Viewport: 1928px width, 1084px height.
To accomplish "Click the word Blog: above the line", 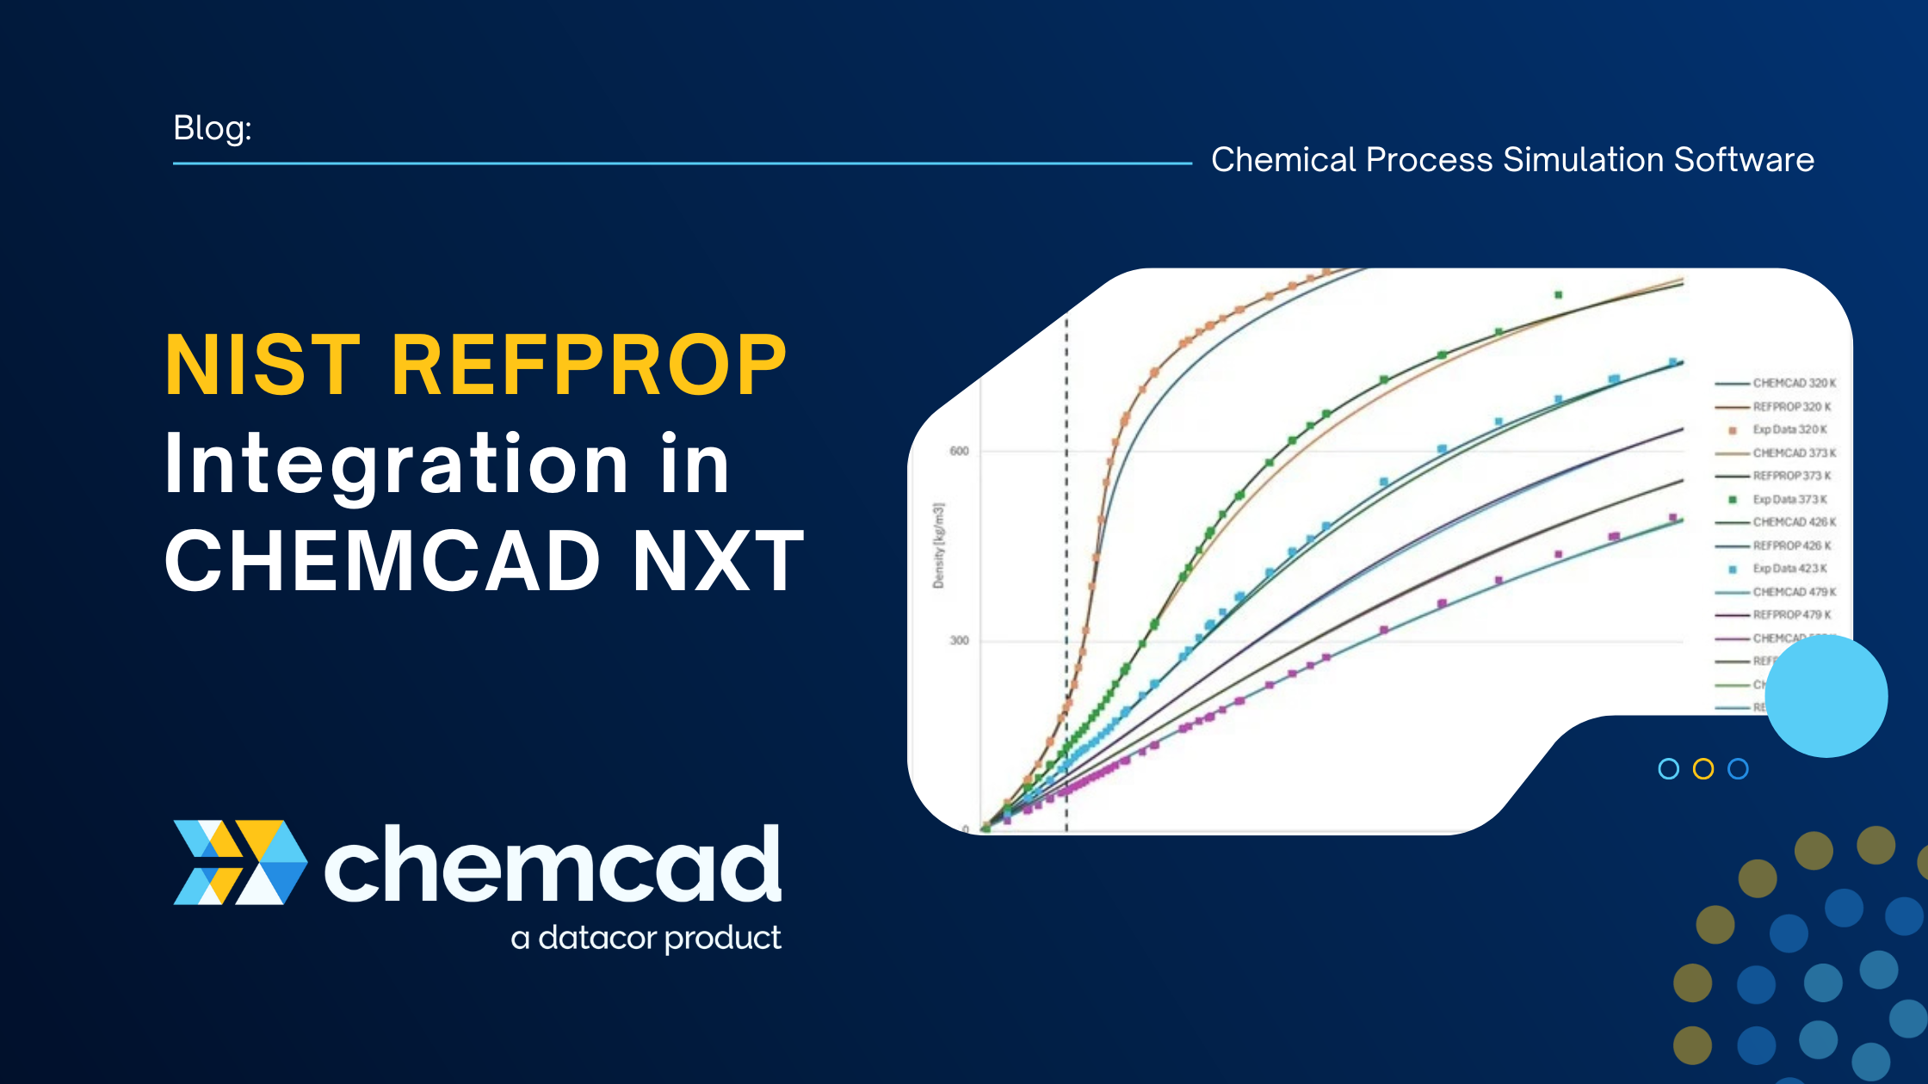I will [x=212, y=128].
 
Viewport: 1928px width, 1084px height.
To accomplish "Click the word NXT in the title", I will [x=718, y=561].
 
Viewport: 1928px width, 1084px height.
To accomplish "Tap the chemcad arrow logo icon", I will [x=239, y=862].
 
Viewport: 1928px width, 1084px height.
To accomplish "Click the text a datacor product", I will [x=646, y=938].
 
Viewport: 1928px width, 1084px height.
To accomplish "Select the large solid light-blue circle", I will [x=1826, y=696].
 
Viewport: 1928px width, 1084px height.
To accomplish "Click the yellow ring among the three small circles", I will [x=1702, y=769].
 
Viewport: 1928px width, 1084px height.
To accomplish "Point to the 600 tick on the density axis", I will [x=959, y=451].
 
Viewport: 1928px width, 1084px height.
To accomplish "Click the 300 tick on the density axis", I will [x=959, y=640].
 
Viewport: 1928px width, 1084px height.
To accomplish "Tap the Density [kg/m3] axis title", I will [x=938, y=545].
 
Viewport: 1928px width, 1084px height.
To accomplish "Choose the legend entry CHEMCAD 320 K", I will [x=1793, y=383].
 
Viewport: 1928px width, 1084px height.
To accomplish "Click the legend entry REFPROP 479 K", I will [x=1791, y=615].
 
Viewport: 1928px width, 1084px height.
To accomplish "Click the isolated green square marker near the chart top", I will [x=1558, y=295].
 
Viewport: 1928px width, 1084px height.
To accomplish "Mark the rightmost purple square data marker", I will [x=1673, y=518].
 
